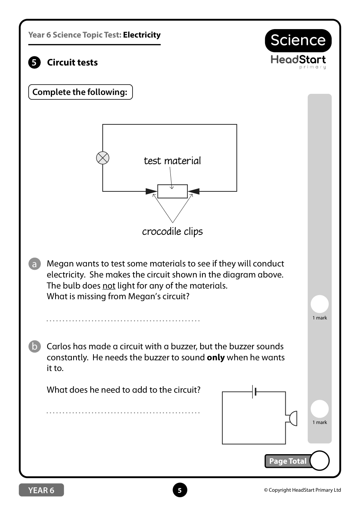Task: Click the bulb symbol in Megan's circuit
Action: [x=103, y=158]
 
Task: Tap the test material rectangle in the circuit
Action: [x=172, y=191]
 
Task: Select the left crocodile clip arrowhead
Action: [x=151, y=191]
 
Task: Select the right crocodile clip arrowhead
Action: [x=194, y=191]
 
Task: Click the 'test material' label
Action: [x=172, y=161]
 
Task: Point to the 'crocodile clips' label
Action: [x=172, y=231]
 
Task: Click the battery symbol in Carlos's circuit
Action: [x=254, y=392]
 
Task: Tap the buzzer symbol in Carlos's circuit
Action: [x=292, y=418]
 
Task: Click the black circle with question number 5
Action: [x=34, y=63]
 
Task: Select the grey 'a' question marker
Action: [x=35, y=264]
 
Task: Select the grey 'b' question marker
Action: [x=35, y=347]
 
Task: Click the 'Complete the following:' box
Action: [x=80, y=92]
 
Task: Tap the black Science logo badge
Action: [x=298, y=40]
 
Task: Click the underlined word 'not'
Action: [x=109, y=286]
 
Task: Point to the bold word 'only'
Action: [x=216, y=358]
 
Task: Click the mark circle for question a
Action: [x=320, y=304]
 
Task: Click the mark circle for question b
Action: [x=320, y=409]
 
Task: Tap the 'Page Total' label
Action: [x=287, y=461]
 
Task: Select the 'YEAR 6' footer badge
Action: [x=41, y=490]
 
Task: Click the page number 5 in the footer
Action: [x=180, y=490]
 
